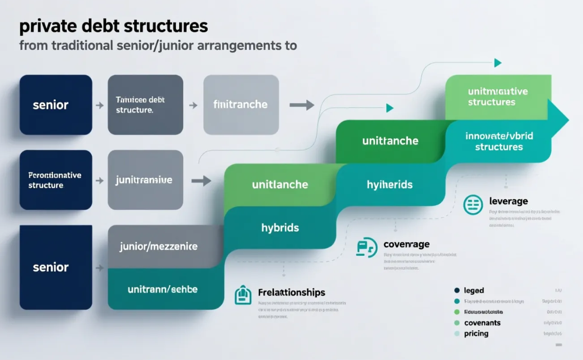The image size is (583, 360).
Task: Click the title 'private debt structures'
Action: tap(113, 26)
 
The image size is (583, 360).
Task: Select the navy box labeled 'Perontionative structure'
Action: tap(55, 180)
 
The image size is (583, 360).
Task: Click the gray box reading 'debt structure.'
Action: tap(145, 105)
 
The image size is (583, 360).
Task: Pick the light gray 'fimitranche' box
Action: tap(241, 105)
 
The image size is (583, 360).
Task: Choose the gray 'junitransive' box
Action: tap(145, 180)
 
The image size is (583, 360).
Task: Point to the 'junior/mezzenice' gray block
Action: tap(158, 247)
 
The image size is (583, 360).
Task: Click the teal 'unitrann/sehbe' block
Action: tap(163, 289)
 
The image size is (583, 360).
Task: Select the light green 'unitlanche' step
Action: tap(280, 184)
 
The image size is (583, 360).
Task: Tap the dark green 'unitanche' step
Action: tap(390, 141)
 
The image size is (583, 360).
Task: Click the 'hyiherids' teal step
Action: tap(390, 185)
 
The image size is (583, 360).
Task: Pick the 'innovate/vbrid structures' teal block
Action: tap(499, 142)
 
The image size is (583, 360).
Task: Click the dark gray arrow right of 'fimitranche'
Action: tap(302, 105)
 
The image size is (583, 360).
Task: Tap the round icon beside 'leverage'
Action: tap(473, 205)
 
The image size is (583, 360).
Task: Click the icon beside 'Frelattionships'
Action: tap(243, 295)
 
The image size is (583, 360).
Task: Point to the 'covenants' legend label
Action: tap(482, 323)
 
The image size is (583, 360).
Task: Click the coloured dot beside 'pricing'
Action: tap(457, 334)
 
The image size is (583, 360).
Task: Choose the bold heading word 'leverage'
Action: tap(508, 201)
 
